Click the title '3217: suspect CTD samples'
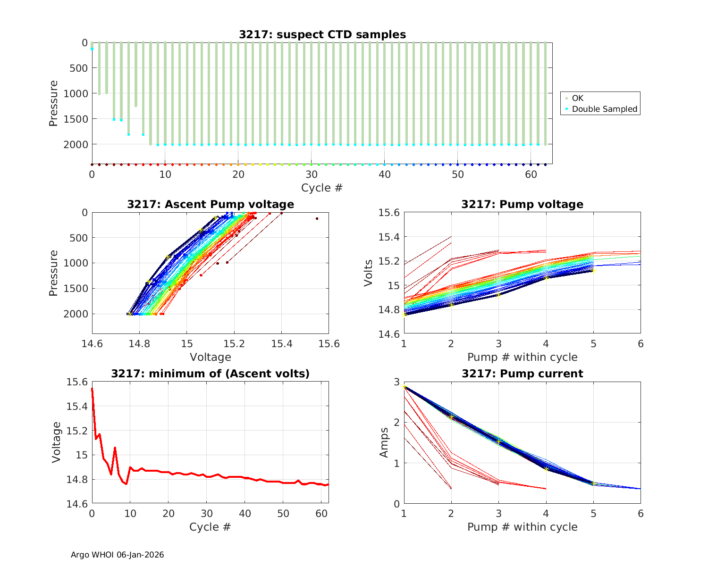[x=322, y=34]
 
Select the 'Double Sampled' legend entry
[x=604, y=109]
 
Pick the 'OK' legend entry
[x=577, y=98]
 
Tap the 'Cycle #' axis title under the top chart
[x=322, y=188]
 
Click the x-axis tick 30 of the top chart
[x=311, y=174]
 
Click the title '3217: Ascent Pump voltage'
[x=211, y=204]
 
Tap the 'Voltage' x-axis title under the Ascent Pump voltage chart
[x=211, y=357]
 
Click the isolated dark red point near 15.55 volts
[x=317, y=218]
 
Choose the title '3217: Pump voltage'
[x=522, y=204]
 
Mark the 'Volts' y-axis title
[x=369, y=273]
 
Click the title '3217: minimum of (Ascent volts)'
[x=211, y=374]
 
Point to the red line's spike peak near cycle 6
[x=115, y=448]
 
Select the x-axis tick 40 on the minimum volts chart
[x=244, y=513]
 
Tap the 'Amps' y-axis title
[x=384, y=442]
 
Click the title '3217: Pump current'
[x=522, y=374]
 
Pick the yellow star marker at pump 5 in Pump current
[x=593, y=483]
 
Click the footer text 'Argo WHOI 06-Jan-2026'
[x=118, y=555]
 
